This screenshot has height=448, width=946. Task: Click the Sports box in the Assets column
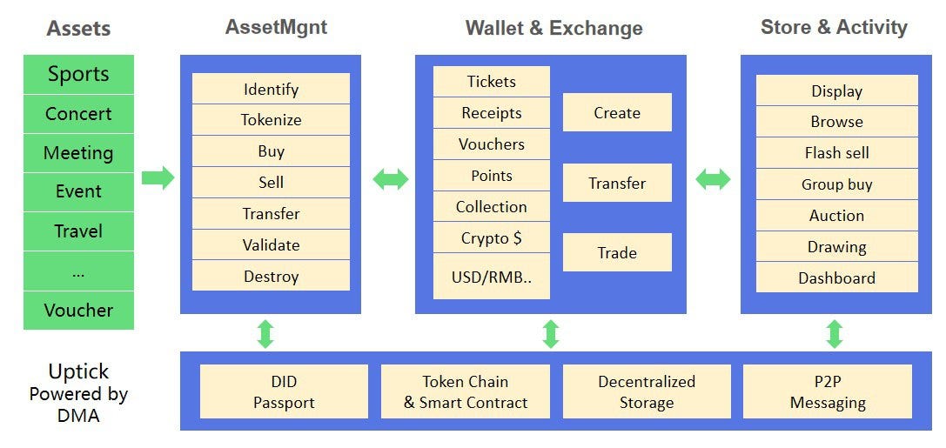click(78, 74)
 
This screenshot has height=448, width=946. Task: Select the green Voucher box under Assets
click(78, 311)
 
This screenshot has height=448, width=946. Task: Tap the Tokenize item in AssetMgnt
click(271, 119)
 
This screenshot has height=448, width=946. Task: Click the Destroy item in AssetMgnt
click(271, 276)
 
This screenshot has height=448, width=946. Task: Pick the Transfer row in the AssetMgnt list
click(271, 213)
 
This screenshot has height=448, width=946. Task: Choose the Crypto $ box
click(491, 237)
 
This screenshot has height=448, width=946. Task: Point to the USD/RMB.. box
click(491, 276)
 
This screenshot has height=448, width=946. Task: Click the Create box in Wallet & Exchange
click(617, 112)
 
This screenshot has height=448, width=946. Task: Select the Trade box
click(617, 252)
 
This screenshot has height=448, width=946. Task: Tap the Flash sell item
click(837, 152)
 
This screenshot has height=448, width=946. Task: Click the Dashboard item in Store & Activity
click(837, 278)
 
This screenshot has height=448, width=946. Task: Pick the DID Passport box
click(284, 391)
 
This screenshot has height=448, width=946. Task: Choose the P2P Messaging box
click(827, 391)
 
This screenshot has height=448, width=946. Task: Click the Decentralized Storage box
click(646, 391)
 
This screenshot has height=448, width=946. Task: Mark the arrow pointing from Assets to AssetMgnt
click(158, 177)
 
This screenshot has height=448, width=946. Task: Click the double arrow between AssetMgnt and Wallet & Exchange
click(391, 179)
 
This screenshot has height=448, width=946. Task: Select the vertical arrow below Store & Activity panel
click(835, 334)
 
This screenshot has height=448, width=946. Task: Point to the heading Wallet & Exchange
click(554, 28)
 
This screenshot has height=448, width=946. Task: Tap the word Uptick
click(78, 371)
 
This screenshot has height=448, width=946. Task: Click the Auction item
click(837, 215)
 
